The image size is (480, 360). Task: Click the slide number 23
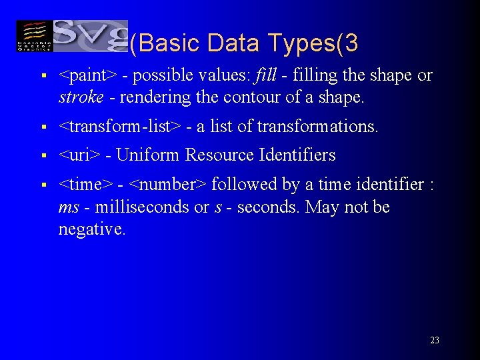(434, 341)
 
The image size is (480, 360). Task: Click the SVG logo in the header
(90, 36)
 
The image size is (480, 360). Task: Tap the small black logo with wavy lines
(33, 36)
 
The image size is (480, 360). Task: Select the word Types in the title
(301, 43)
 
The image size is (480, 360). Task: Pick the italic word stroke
(81, 98)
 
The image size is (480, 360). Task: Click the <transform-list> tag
(120, 127)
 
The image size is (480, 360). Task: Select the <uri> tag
(79, 156)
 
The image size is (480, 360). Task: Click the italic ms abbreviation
(69, 208)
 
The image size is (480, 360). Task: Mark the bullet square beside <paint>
(43, 77)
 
